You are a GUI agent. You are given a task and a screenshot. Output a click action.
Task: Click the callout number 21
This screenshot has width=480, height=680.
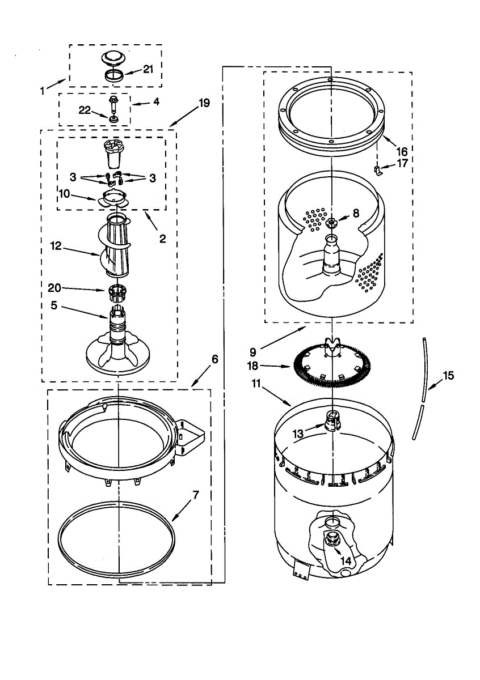pyautogui.click(x=148, y=69)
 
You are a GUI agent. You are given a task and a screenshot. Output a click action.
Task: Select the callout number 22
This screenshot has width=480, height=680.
pyautogui.click(x=85, y=110)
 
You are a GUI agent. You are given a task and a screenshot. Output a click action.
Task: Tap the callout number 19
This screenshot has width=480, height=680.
pyautogui.click(x=204, y=103)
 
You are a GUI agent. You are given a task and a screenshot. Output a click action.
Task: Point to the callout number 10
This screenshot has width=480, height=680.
pyautogui.click(x=65, y=194)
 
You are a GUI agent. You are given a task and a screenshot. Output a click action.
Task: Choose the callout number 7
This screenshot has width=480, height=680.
pyautogui.click(x=195, y=495)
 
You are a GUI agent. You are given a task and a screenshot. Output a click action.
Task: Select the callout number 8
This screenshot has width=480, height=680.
pyautogui.click(x=356, y=214)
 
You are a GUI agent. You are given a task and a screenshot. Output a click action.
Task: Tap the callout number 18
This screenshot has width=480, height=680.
pyautogui.click(x=253, y=366)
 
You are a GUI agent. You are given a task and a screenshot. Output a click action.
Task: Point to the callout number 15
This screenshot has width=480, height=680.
pyautogui.click(x=448, y=375)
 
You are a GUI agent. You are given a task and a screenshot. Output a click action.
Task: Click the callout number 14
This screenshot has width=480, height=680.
pyautogui.click(x=346, y=560)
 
